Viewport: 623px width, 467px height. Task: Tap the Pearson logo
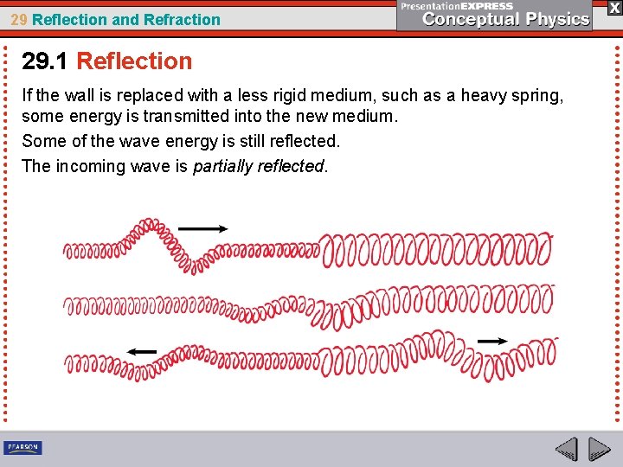tap(22, 447)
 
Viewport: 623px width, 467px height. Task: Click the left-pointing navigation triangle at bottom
tap(566, 449)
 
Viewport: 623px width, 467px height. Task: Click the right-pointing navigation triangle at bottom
tap(599, 449)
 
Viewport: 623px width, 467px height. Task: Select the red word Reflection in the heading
tap(134, 61)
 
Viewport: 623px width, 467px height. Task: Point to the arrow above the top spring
tap(202, 228)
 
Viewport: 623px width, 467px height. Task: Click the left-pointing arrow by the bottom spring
tap(141, 351)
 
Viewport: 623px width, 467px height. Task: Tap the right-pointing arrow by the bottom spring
tap(493, 341)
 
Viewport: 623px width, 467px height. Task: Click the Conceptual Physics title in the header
tap(505, 18)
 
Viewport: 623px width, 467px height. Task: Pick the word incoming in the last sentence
tap(89, 166)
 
